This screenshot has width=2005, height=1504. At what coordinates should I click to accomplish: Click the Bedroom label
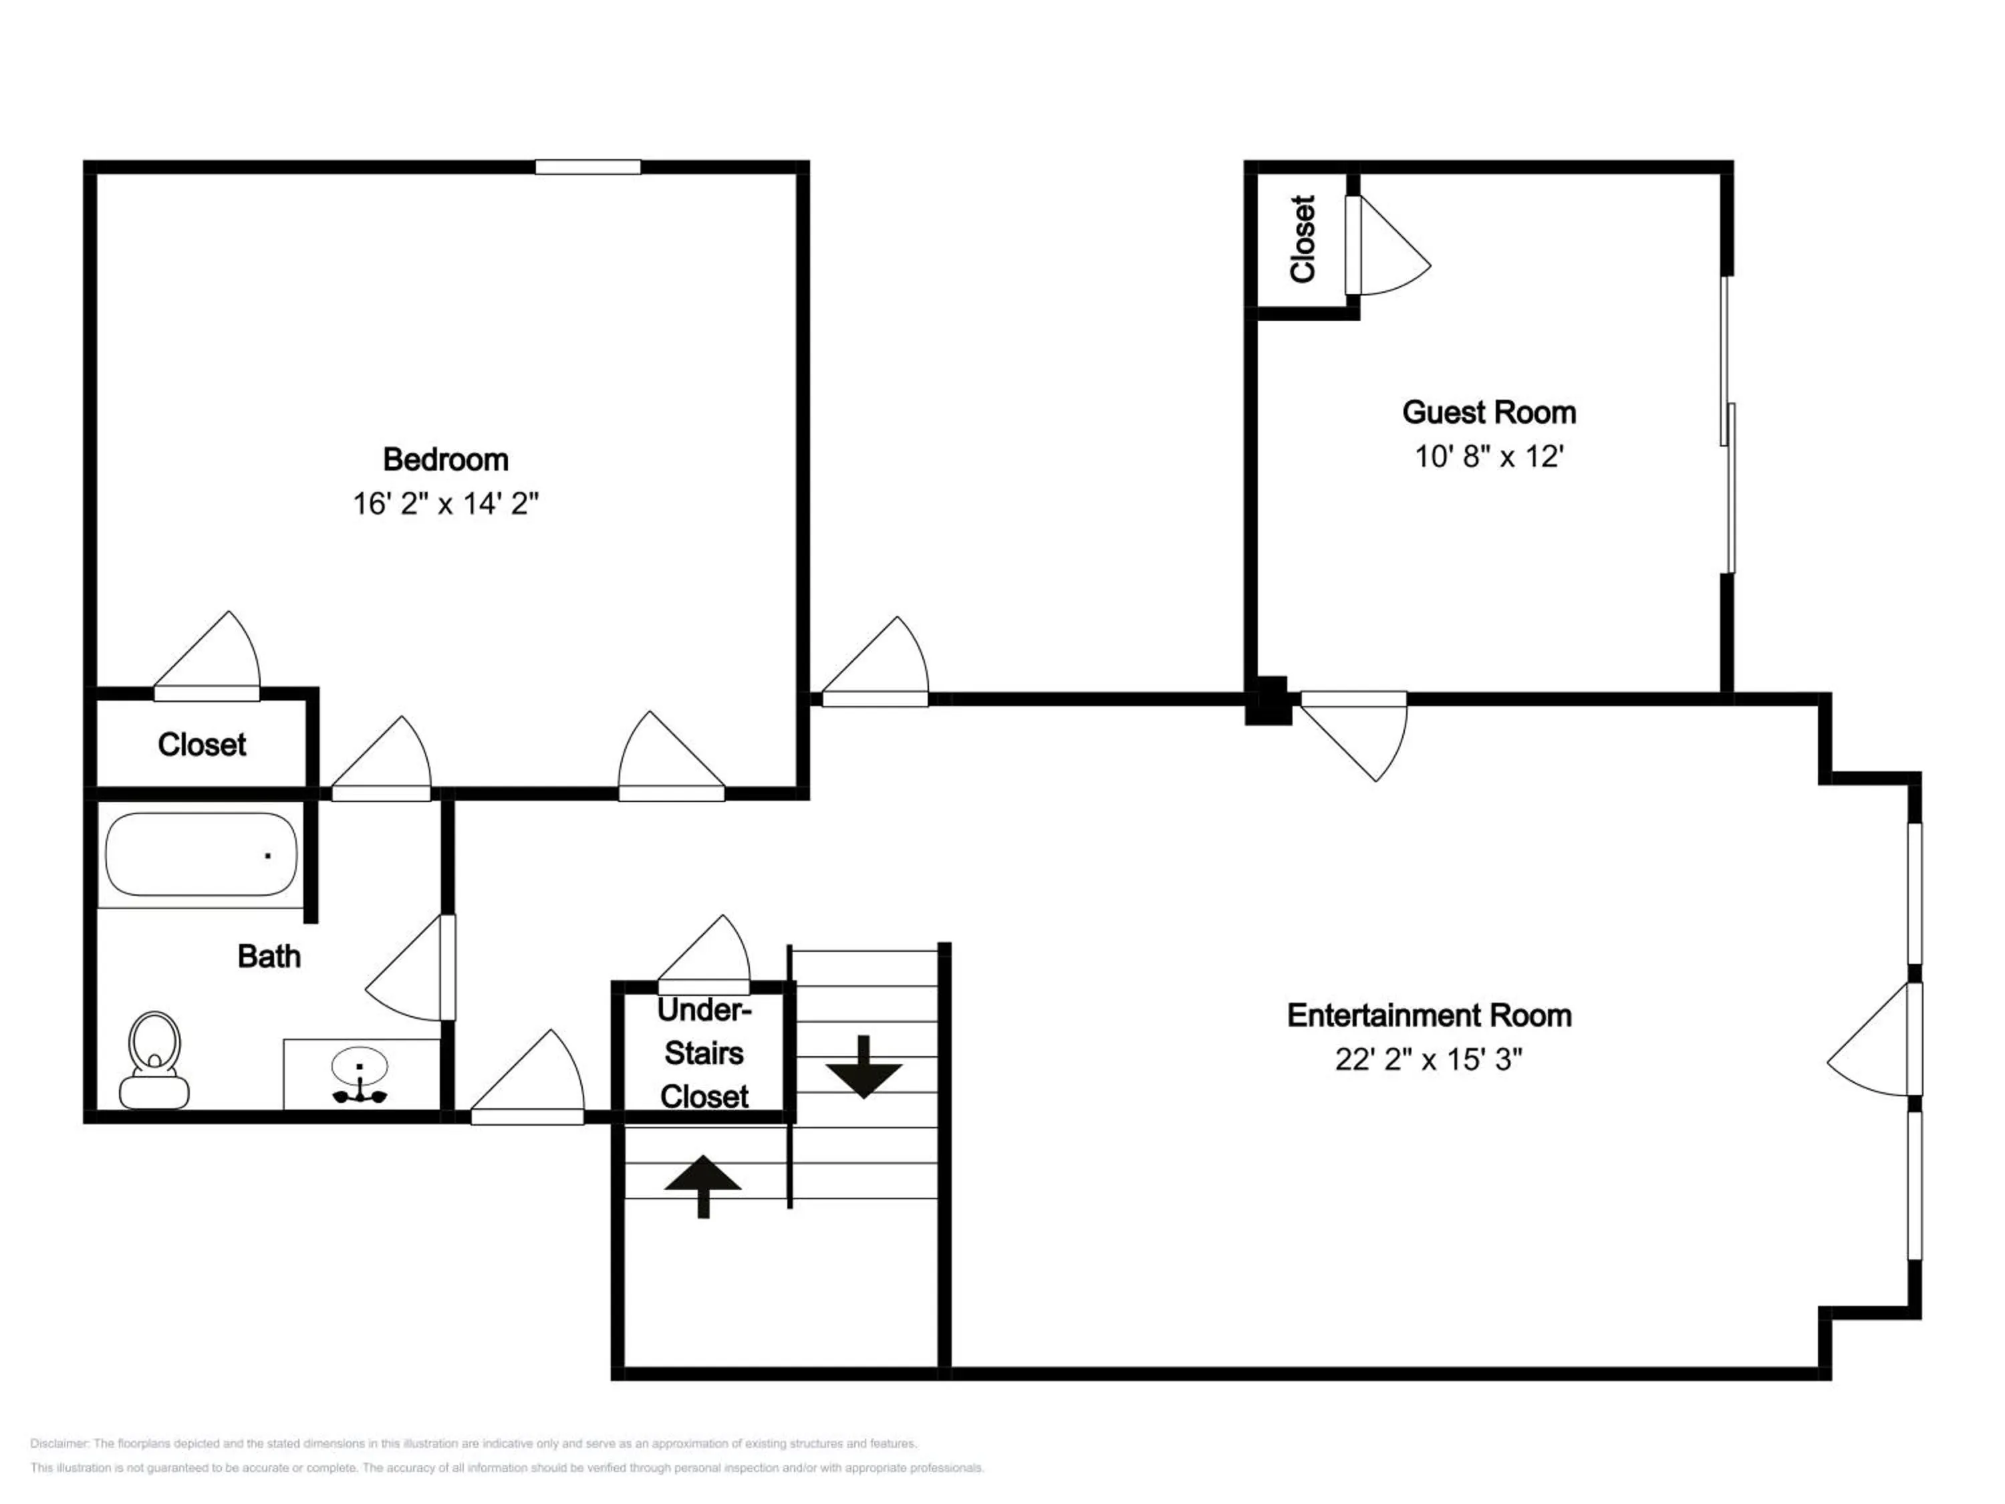pyautogui.click(x=445, y=460)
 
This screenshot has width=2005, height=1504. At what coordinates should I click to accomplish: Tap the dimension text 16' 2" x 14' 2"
pyautogui.click(x=445, y=503)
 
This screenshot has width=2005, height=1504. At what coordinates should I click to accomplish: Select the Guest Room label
pyautogui.click(x=1488, y=412)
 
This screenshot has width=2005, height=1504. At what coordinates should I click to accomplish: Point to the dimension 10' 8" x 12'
pyautogui.click(x=1488, y=456)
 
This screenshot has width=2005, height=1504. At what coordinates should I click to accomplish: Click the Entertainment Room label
pyautogui.click(x=1428, y=1015)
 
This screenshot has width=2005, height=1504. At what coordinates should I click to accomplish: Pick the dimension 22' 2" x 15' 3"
pyautogui.click(x=1428, y=1059)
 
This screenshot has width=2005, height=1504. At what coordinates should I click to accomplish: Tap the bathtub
pyautogui.click(x=201, y=855)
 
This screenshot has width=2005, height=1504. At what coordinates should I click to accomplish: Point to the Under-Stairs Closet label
pyautogui.click(x=704, y=1053)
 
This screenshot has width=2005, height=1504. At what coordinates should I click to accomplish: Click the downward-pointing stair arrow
pyautogui.click(x=863, y=1067)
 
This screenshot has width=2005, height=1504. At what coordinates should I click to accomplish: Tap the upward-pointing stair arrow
pyautogui.click(x=702, y=1186)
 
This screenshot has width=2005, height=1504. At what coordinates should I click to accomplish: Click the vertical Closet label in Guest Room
pyautogui.click(x=1303, y=239)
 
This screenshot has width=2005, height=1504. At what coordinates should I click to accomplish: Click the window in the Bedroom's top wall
pyautogui.click(x=587, y=167)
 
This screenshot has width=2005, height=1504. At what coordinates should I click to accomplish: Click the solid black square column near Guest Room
pyautogui.click(x=1268, y=700)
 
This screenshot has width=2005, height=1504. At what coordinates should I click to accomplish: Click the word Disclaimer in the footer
pyautogui.click(x=59, y=1443)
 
